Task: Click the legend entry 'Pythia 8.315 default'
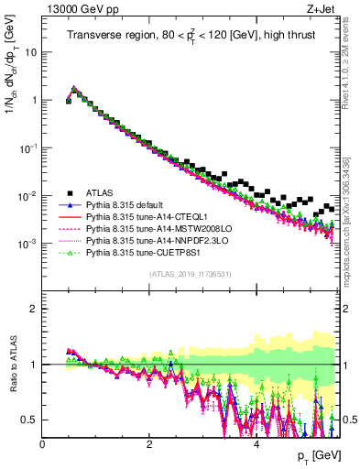125,203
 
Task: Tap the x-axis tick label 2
149,444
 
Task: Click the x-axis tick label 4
256,444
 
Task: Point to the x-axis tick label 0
43,444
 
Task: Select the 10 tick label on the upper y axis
29,52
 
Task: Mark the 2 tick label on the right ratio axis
347,309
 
